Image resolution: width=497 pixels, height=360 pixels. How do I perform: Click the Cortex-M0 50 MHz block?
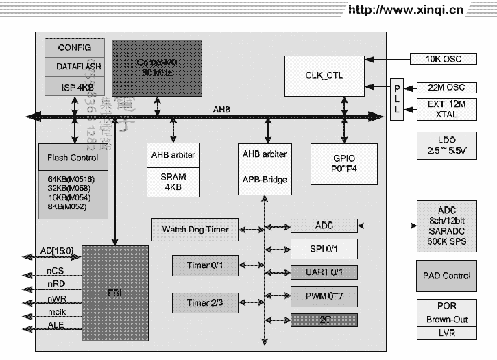click(x=157, y=67)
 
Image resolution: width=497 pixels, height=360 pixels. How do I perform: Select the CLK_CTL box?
click(x=324, y=75)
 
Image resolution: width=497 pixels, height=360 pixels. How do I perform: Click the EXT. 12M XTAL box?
click(x=446, y=109)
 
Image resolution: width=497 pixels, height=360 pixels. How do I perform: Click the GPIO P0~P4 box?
click(x=343, y=164)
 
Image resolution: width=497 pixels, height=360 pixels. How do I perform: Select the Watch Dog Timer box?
click(x=195, y=229)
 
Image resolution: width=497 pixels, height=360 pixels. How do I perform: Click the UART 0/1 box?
click(x=324, y=272)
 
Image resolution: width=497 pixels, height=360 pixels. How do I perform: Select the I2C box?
click(x=324, y=320)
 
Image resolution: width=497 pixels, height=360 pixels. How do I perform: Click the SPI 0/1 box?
click(x=324, y=248)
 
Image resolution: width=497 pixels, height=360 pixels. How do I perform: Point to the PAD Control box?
click(x=446, y=276)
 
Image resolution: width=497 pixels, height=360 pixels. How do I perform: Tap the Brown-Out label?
click(x=446, y=320)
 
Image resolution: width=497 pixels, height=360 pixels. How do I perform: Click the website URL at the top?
click(x=406, y=10)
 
